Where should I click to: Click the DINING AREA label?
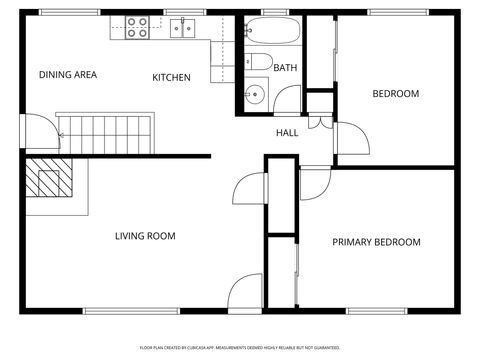[67, 75]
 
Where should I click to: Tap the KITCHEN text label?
[171, 78]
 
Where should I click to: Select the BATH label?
[285, 68]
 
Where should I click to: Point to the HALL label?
[287, 132]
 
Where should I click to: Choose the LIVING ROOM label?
[145, 237]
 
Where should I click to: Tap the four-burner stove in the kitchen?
[137, 27]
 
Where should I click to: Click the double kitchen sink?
[182, 28]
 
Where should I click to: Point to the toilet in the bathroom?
[258, 62]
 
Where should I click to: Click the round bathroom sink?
[256, 96]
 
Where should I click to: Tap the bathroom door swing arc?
[288, 99]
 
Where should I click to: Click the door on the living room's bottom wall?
[245, 293]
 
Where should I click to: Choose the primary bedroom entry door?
[313, 183]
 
